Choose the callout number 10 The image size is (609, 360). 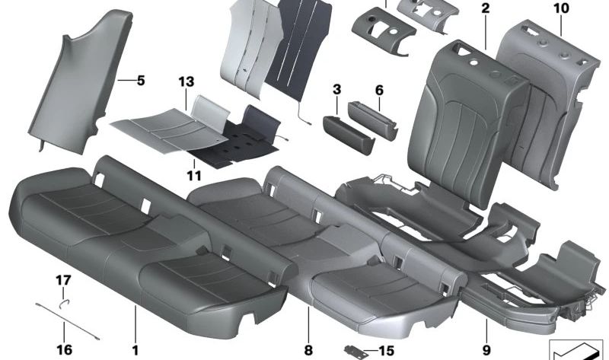tap(561, 8)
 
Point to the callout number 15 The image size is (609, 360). tap(387, 352)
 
